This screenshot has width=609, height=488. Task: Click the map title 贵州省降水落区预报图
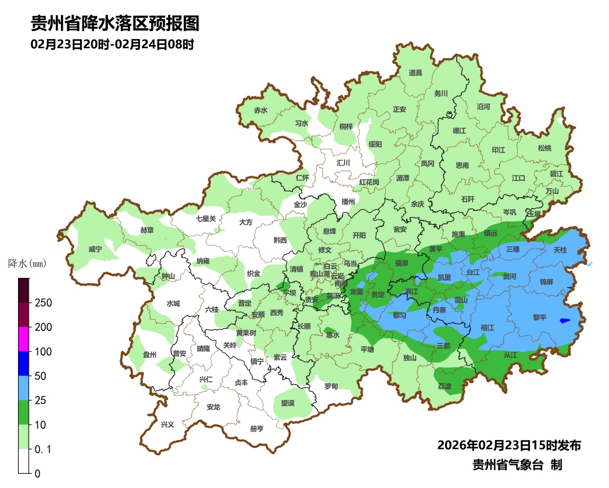[x=115, y=23]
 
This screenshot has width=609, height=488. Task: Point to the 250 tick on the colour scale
[x=43, y=303]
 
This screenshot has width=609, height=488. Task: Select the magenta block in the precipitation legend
[x=24, y=339]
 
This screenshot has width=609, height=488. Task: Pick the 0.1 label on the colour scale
[x=43, y=449]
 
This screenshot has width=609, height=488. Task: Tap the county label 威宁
[x=96, y=249]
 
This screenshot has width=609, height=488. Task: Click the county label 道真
[x=416, y=72]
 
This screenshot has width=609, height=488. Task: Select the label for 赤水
[x=261, y=111]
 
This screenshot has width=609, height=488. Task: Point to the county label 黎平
[x=540, y=317]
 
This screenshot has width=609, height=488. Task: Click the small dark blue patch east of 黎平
[x=565, y=321]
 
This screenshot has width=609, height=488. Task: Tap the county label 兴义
[x=167, y=425]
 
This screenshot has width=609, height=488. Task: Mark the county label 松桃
[x=544, y=148]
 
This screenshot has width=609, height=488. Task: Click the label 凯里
[x=444, y=277]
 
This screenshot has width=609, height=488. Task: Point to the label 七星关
[x=206, y=219]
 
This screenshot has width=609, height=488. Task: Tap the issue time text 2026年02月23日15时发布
[x=509, y=446]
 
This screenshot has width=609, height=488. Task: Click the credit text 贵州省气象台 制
[x=517, y=465]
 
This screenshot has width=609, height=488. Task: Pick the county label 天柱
[x=560, y=250]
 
